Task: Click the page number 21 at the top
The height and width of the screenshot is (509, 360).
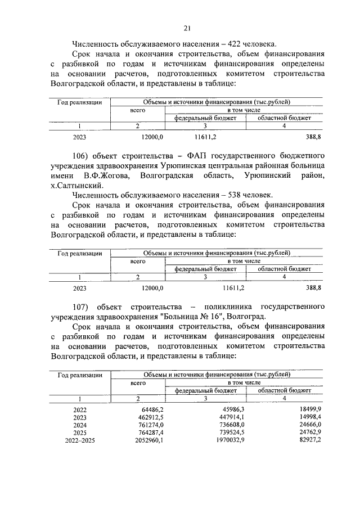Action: tap(187, 29)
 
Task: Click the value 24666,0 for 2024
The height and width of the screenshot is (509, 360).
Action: tap(309, 426)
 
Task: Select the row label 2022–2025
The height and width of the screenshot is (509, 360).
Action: tap(80, 440)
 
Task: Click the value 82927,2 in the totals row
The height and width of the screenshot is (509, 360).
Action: tap(309, 440)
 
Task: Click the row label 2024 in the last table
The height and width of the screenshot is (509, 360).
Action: tap(80, 426)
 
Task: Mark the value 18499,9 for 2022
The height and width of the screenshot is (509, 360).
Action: tap(309, 410)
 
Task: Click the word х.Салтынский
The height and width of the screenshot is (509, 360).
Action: tap(76, 185)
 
